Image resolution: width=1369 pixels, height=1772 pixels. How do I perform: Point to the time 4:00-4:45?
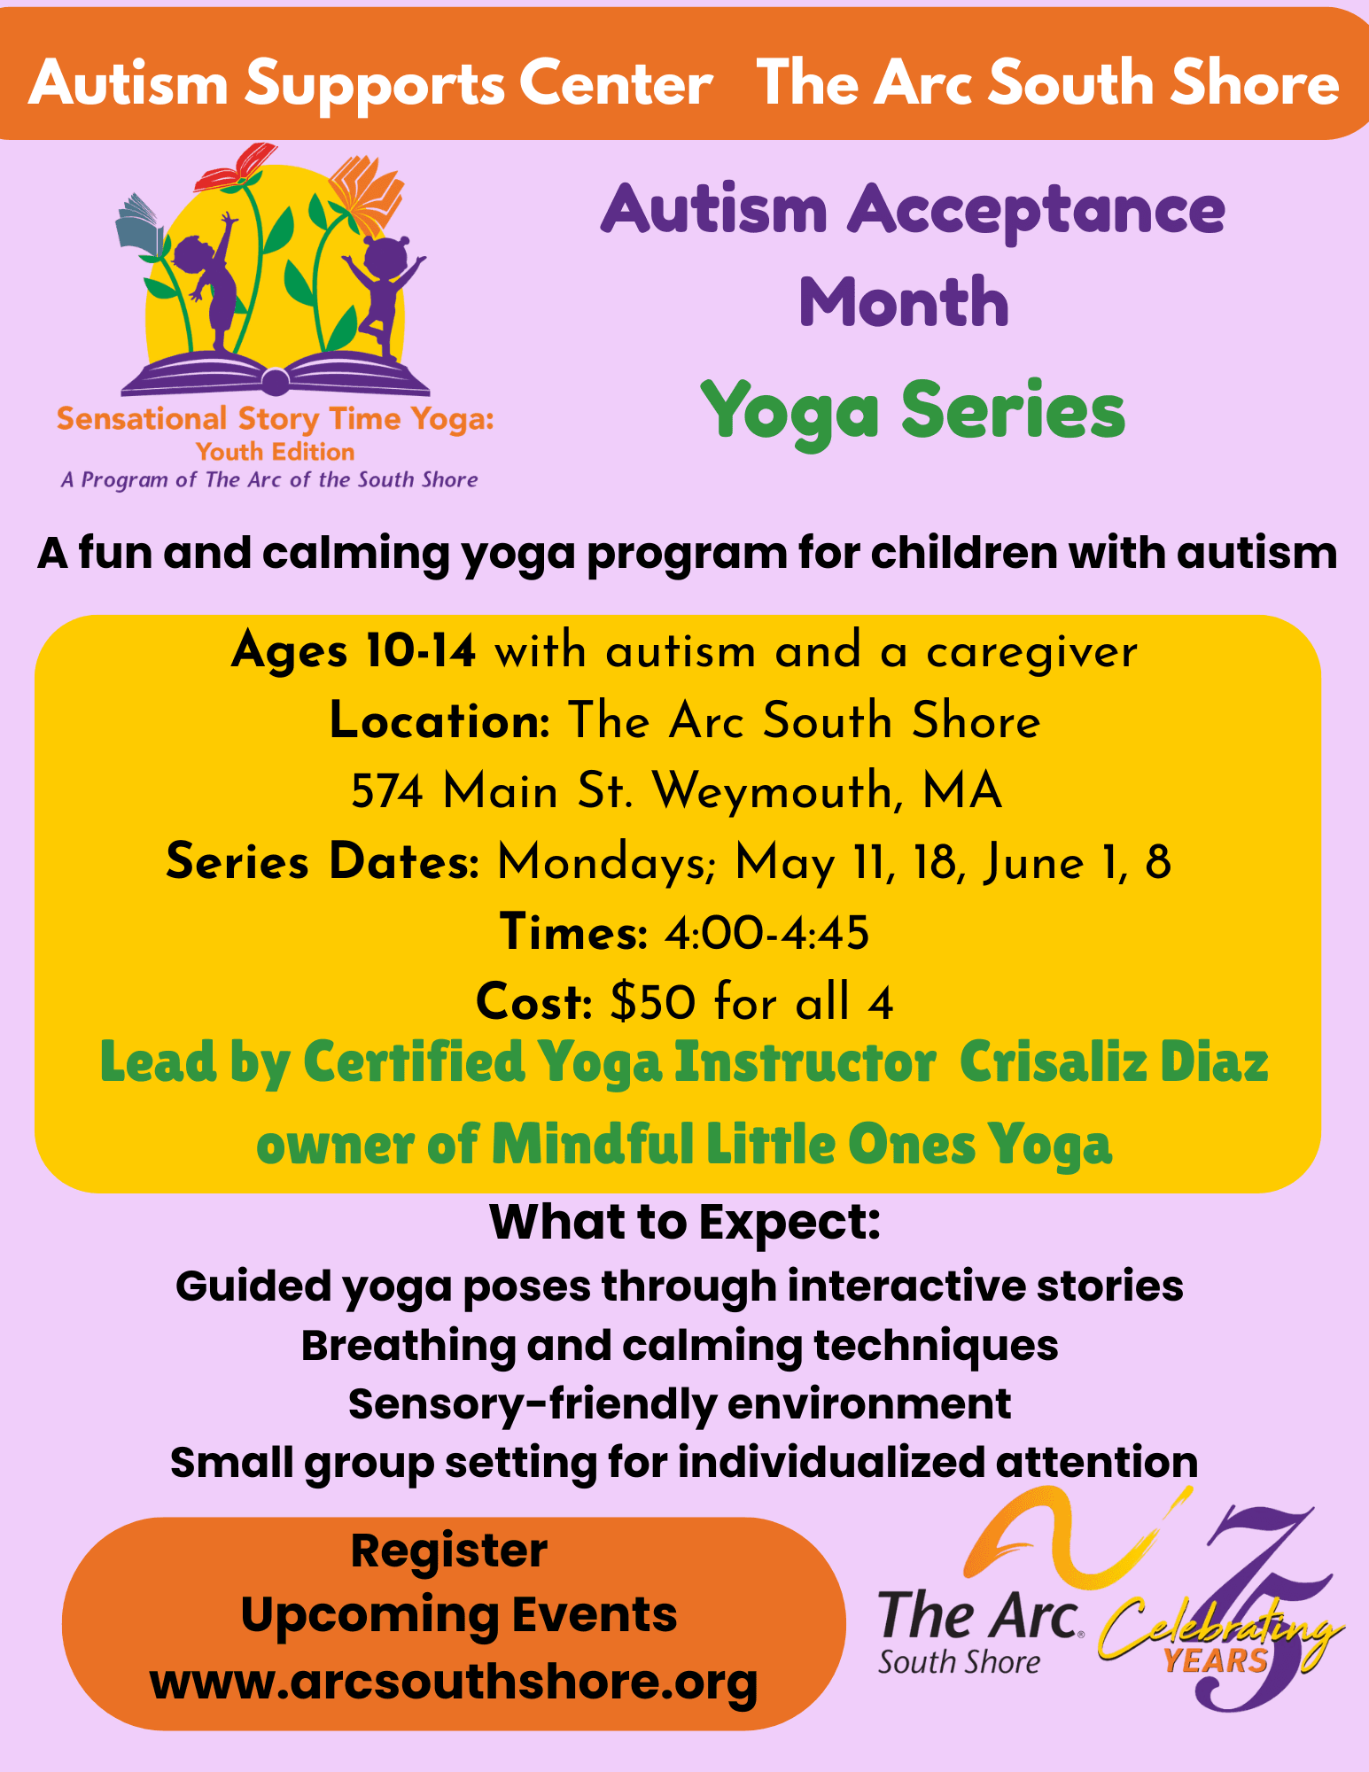[x=766, y=932]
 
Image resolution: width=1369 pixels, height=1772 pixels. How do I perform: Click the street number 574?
[x=388, y=790]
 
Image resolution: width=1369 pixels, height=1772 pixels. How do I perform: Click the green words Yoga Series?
[x=913, y=411]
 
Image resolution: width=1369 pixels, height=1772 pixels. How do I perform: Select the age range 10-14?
[x=421, y=651]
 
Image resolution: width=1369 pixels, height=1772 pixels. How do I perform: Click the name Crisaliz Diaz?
[x=1114, y=1061]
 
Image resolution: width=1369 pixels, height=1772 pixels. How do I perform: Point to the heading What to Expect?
[x=685, y=1223]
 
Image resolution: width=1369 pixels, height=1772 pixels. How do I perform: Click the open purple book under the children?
[x=276, y=374]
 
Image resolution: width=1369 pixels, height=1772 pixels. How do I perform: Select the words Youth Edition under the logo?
[x=276, y=452]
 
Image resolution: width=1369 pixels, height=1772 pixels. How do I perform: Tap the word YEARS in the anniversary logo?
[x=1215, y=1660]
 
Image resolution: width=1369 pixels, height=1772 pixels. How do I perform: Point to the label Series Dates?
[x=323, y=861]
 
